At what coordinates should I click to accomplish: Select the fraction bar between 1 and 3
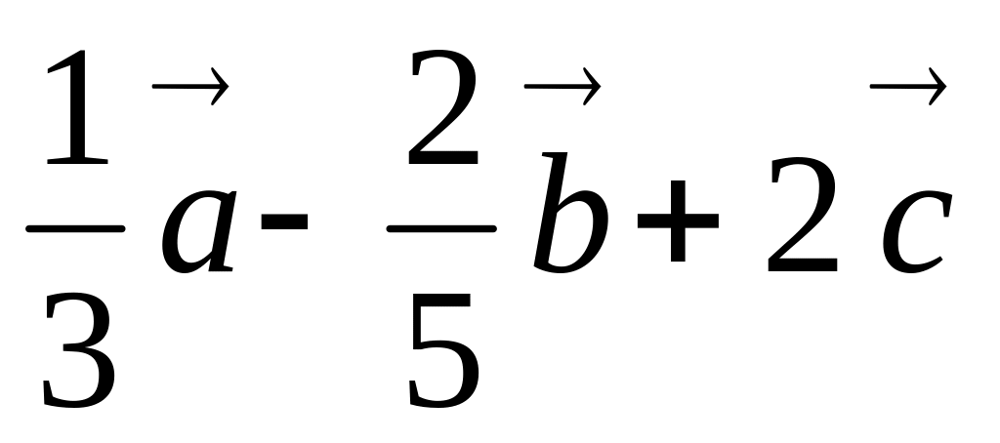point(76,229)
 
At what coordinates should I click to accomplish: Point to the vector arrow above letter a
point(190,90)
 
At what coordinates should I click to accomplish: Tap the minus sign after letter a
point(284,221)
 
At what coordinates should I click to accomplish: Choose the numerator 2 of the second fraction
point(443,111)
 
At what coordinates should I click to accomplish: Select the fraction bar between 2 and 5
point(441,229)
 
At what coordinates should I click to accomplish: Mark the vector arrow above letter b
point(561,90)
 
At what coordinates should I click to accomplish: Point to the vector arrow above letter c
point(907,89)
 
